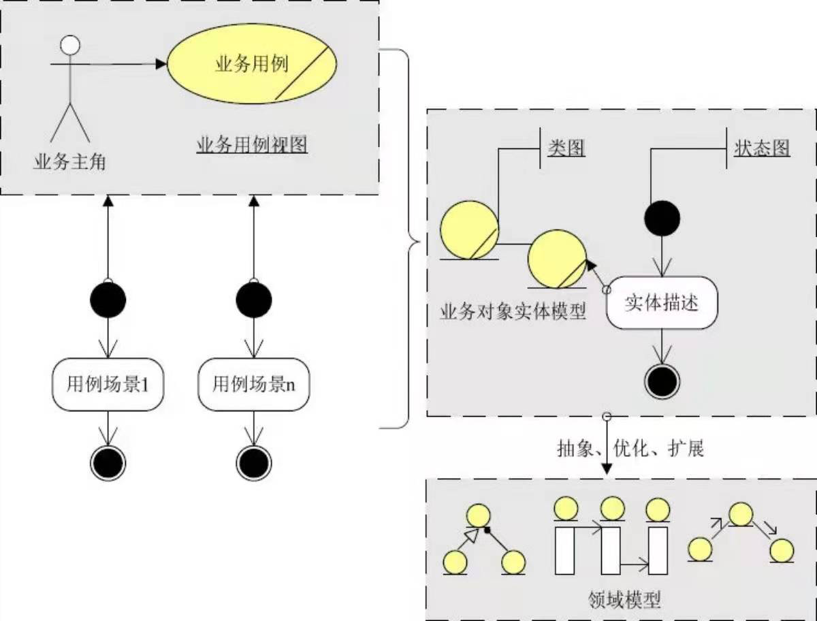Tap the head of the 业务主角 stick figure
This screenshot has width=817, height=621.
click(70, 45)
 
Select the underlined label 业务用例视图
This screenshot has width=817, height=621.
click(253, 145)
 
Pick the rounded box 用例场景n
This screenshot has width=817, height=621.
click(253, 384)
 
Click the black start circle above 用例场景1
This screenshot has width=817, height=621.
click(108, 298)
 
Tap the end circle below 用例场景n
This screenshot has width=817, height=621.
click(253, 463)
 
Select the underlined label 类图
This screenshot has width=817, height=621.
click(566, 148)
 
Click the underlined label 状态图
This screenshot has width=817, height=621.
click(762, 148)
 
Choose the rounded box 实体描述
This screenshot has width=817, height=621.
click(662, 302)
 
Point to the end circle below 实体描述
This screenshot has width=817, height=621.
click(662, 381)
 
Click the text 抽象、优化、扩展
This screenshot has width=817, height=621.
click(630, 448)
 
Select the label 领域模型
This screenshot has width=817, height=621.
click(624, 600)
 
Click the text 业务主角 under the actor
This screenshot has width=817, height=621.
click(69, 163)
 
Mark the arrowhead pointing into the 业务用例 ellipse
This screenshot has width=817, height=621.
click(161, 64)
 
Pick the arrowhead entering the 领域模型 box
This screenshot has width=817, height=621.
click(607, 471)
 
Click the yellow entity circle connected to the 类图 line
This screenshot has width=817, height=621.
click(468, 229)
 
